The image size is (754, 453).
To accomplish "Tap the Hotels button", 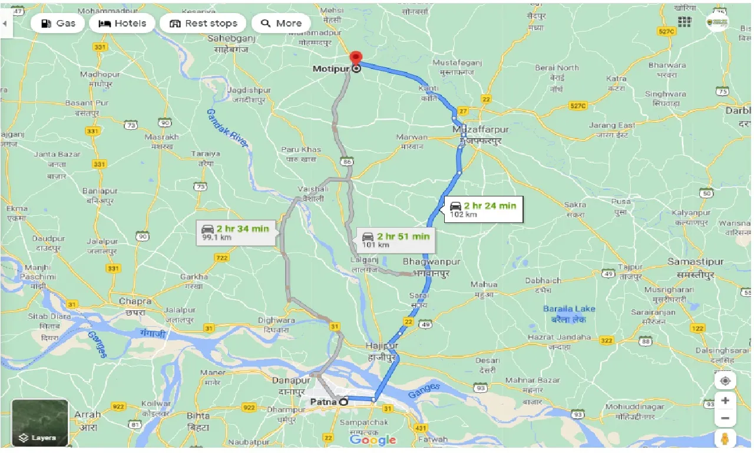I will (122, 24).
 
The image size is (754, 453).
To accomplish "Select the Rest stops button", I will (203, 24).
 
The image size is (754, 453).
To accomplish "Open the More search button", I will (281, 24).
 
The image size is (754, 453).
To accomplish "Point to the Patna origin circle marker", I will (343, 402).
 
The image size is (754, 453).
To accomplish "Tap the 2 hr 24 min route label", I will (482, 209).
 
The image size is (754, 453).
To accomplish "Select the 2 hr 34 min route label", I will (235, 232).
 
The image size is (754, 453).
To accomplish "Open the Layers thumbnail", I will (40, 422).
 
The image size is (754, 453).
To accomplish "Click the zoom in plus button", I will (725, 400).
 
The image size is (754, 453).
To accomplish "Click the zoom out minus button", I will (725, 418).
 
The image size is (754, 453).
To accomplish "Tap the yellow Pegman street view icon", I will (725, 439).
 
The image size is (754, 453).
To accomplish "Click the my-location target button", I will (725, 380).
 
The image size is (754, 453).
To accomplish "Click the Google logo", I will (373, 440).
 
